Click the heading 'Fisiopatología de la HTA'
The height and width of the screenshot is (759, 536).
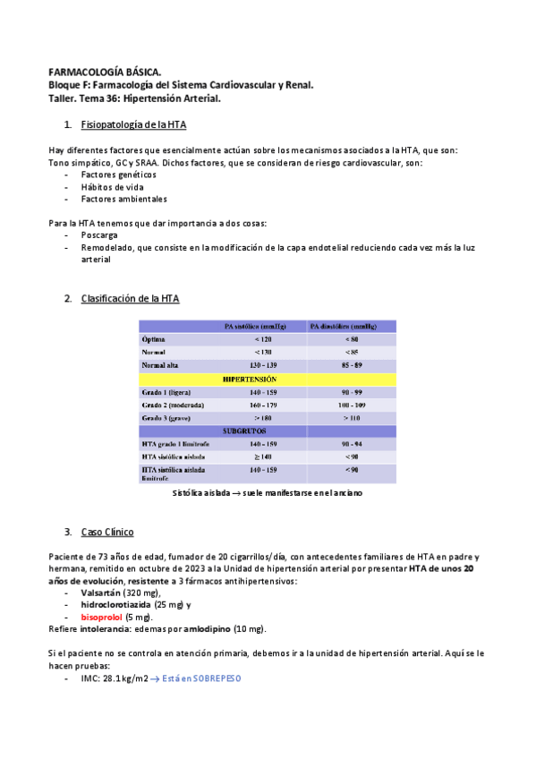click(x=133, y=124)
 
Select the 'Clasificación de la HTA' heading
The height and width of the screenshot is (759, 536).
click(x=130, y=298)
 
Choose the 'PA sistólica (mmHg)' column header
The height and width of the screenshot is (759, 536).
click(x=262, y=327)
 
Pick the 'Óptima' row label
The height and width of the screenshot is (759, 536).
click(x=154, y=340)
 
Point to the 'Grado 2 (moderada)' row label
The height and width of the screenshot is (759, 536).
click(x=178, y=405)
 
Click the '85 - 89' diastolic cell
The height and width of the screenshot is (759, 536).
click(x=352, y=365)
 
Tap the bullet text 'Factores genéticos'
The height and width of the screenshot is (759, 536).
click(x=118, y=175)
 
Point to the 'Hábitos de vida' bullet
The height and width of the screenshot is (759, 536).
click(x=112, y=187)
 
